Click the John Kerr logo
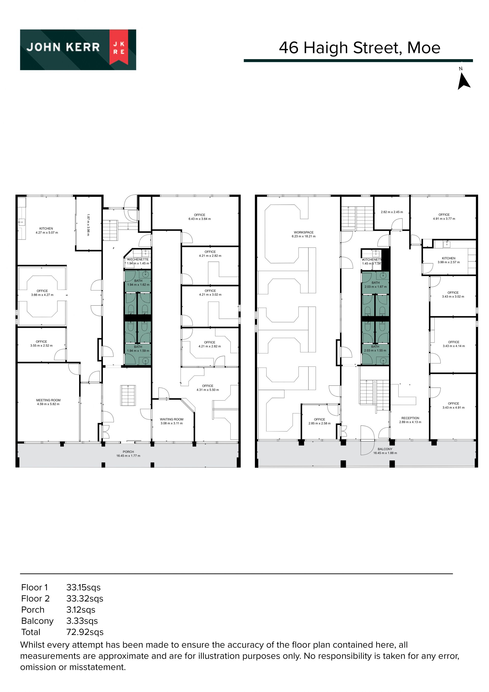(78, 50)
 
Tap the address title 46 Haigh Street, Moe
(360, 48)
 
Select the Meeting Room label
(48, 400)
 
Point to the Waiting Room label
(172, 419)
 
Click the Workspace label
(304, 232)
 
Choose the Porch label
(128, 452)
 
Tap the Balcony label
(385, 449)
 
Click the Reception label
(410, 418)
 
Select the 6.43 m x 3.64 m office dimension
(200, 219)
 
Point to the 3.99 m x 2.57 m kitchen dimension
(449, 262)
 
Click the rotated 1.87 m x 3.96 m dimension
(88, 225)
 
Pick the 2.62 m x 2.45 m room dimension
(392, 212)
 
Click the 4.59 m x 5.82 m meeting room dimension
(48, 404)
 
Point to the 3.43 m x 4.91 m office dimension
(453, 408)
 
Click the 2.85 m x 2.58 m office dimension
(319, 423)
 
